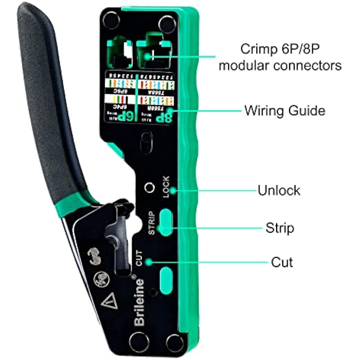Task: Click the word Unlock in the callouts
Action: pyautogui.click(x=279, y=190)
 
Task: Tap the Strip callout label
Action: pyautogui.click(x=280, y=228)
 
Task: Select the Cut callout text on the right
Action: pyautogui.click(x=282, y=262)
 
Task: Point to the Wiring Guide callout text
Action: pyautogui.click(x=285, y=111)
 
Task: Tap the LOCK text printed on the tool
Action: pyautogui.click(x=166, y=187)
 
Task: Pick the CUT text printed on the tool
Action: pyautogui.click(x=140, y=258)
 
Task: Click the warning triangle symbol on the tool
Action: pyautogui.click(x=109, y=303)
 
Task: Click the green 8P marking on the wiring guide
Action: pyautogui.click(x=163, y=117)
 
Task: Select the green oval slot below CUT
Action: pyautogui.click(x=166, y=276)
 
